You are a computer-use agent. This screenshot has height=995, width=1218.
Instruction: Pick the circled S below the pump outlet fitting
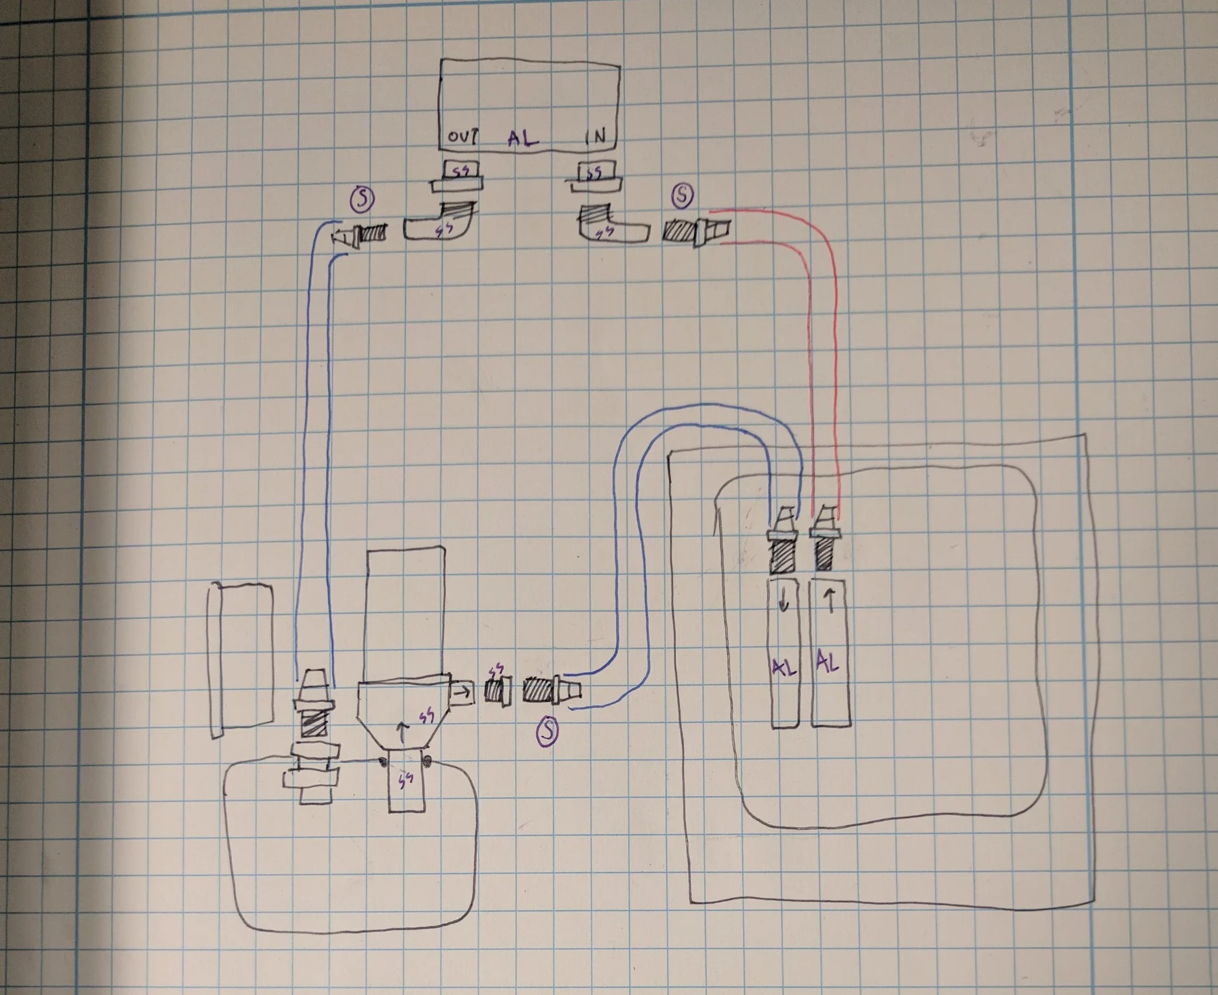(x=547, y=732)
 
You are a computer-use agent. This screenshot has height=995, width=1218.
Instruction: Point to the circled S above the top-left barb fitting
(x=362, y=199)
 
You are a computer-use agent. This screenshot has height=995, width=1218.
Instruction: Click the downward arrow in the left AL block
(x=784, y=604)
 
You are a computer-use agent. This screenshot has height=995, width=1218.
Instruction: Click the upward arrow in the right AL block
(x=830, y=603)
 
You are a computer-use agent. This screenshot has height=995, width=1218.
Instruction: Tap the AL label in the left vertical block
(x=784, y=667)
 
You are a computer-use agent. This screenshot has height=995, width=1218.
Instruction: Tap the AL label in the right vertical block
(x=828, y=663)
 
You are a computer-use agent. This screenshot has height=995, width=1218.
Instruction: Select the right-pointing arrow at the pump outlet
(x=461, y=694)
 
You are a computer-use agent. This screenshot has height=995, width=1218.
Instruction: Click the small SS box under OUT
(x=461, y=171)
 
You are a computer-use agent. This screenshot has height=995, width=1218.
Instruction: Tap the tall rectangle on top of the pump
(x=406, y=614)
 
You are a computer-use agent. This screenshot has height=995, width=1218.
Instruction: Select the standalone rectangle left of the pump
(x=241, y=659)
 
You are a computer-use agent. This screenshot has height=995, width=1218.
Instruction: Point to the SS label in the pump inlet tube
(x=406, y=781)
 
